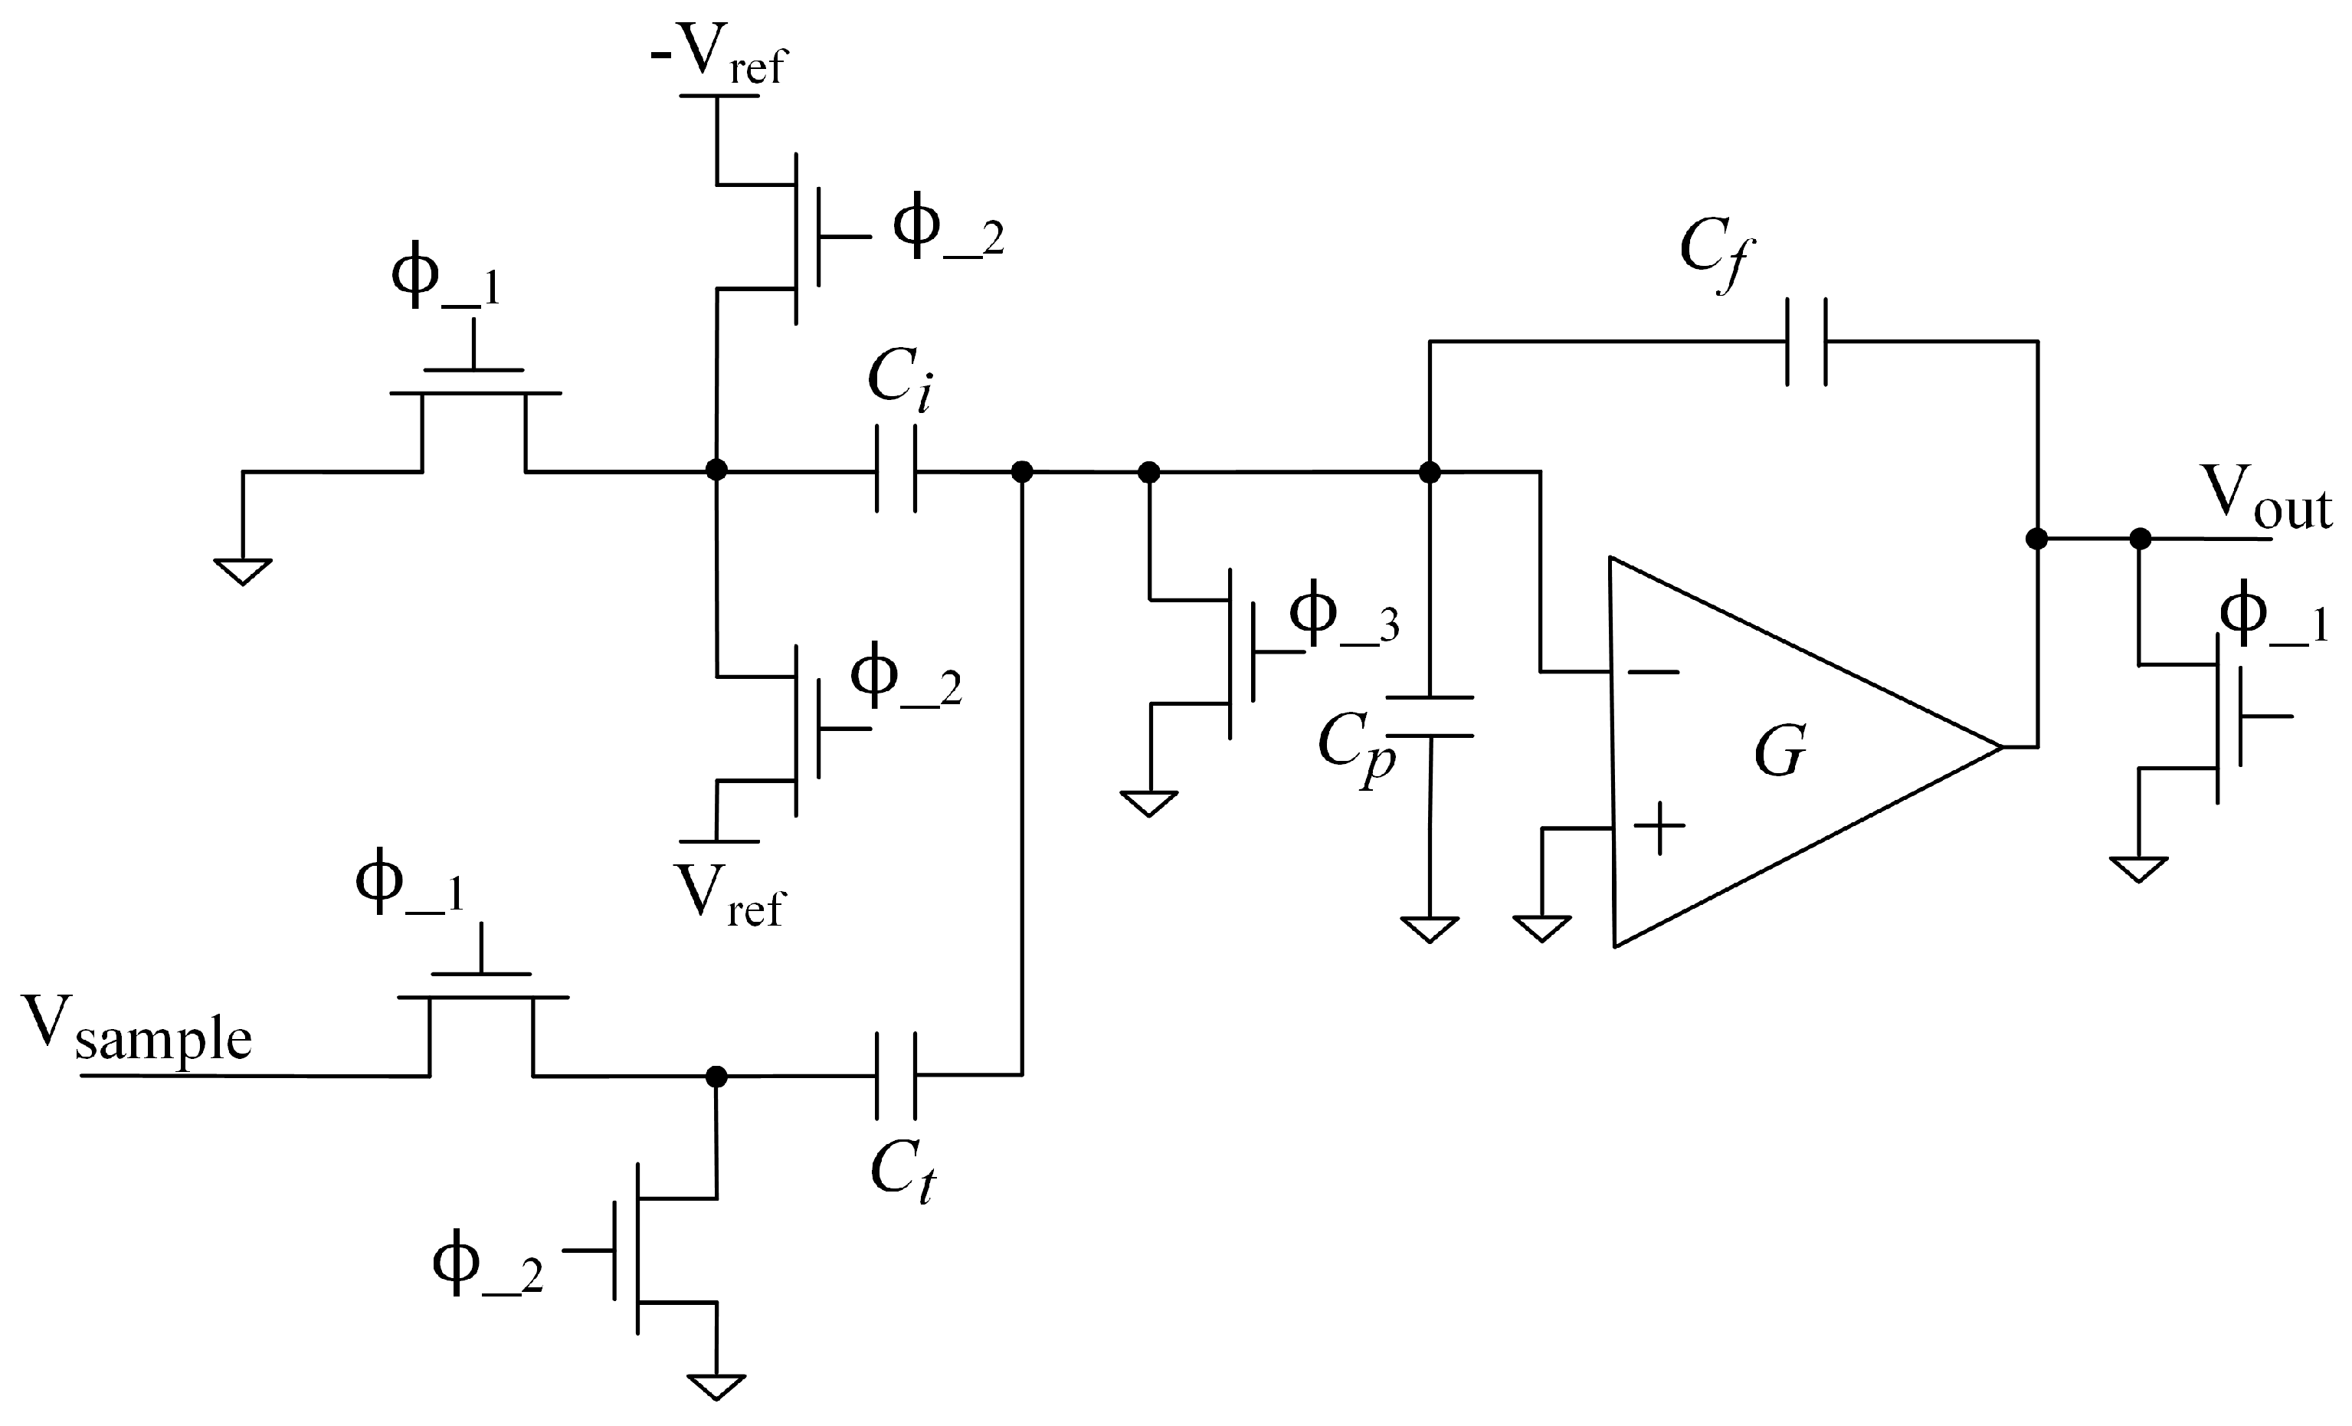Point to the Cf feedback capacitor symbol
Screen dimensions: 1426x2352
pyautogui.click(x=1806, y=342)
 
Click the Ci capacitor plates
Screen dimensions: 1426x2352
pyautogui.click(x=896, y=470)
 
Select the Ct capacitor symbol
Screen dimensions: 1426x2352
pyautogui.click(x=896, y=1075)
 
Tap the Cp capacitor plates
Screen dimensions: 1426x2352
pyautogui.click(x=1429, y=716)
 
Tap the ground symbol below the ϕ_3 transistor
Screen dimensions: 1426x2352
pyautogui.click(x=1149, y=804)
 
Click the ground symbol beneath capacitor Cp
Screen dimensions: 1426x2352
pyautogui.click(x=1429, y=929)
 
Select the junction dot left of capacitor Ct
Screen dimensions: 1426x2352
pyautogui.click(x=716, y=1076)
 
